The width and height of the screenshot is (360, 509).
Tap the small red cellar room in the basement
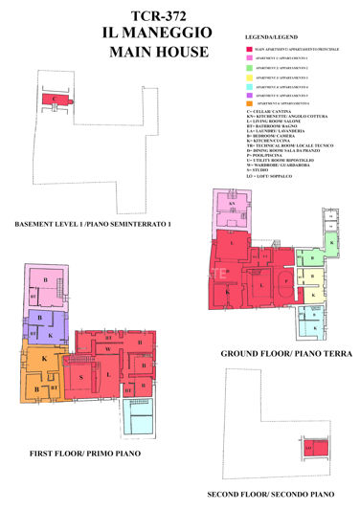pyautogui.click(x=56, y=99)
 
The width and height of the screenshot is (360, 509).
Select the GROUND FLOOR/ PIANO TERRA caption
pyautogui.click(x=285, y=354)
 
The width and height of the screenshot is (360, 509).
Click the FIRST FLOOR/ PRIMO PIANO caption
pyautogui.click(x=80, y=452)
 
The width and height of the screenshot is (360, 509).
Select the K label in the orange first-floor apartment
pyautogui.click(x=44, y=358)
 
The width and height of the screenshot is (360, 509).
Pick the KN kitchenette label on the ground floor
pyautogui.click(x=232, y=204)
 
